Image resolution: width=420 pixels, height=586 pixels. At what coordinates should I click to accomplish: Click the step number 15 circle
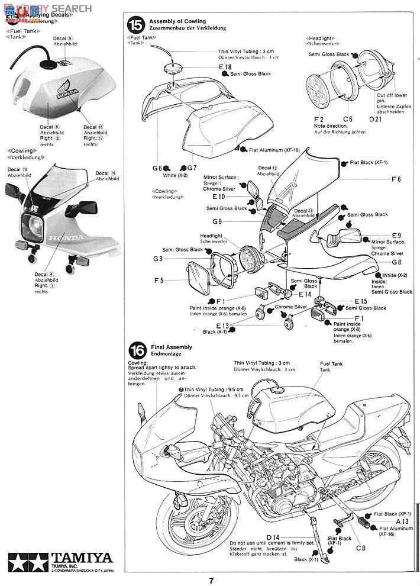tap(136, 25)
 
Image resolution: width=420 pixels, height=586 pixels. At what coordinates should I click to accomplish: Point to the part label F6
tap(396, 179)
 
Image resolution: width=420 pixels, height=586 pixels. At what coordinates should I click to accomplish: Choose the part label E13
tap(222, 326)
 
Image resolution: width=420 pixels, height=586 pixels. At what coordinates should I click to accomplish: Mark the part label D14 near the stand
tap(282, 520)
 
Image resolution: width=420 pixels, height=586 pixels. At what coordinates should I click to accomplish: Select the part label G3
tap(157, 258)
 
